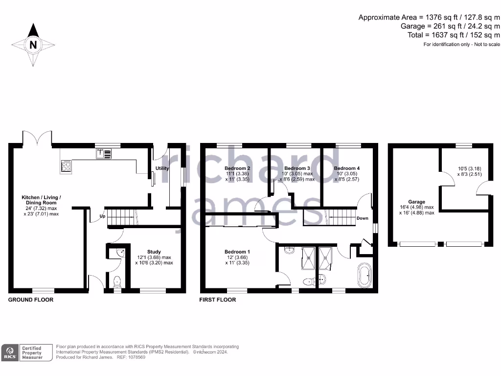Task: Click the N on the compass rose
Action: pyautogui.click(x=33, y=45)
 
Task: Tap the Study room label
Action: pyautogui.click(x=154, y=252)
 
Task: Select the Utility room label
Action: pyautogui.click(x=162, y=168)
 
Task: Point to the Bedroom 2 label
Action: pyautogui.click(x=234, y=168)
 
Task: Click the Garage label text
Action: pyautogui.click(x=417, y=202)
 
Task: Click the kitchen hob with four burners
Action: pyautogui.click(x=66, y=166)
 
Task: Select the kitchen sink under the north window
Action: pyautogui.click(x=104, y=154)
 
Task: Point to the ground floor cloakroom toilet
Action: pyautogui.click(x=116, y=282)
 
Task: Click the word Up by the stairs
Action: pyautogui.click(x=102, y=216)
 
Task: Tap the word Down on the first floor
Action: pyautogui.click(x=362, y=218)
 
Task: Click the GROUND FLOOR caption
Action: pyautogui.click(x=31, y=300)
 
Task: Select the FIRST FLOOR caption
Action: pyautogui.click(x=218, y=300)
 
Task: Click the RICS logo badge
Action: pyautogui.click(x=10, y=352)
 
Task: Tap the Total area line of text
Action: pyautogui.click(x=454, y=35)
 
